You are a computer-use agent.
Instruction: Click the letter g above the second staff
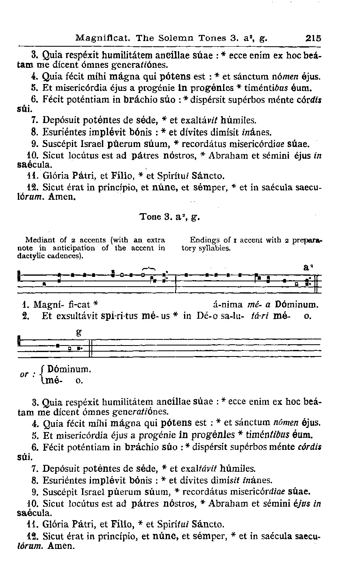pyautogui.click(x=78, y=332)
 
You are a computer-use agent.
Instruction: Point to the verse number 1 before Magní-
pyautogui.click(x=24, y=305)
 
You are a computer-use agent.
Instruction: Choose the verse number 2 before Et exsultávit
pyautogui.click(x=24, y=315)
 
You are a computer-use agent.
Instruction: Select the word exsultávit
pyautogui.click(x=85, y=315)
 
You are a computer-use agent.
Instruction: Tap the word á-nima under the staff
pyautogui.click(x=228, y=305)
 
